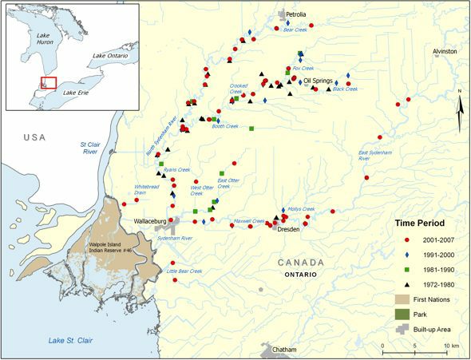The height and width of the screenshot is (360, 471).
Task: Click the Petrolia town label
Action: click(292, 14)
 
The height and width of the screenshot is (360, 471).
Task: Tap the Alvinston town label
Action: click(445, 51)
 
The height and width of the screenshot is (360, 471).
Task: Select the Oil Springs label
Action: click(318, 81)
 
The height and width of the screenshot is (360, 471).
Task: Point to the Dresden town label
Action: click(288, 228)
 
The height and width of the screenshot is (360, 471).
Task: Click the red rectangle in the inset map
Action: click(49, 82)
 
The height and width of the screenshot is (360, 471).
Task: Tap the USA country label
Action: click(34, 137)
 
